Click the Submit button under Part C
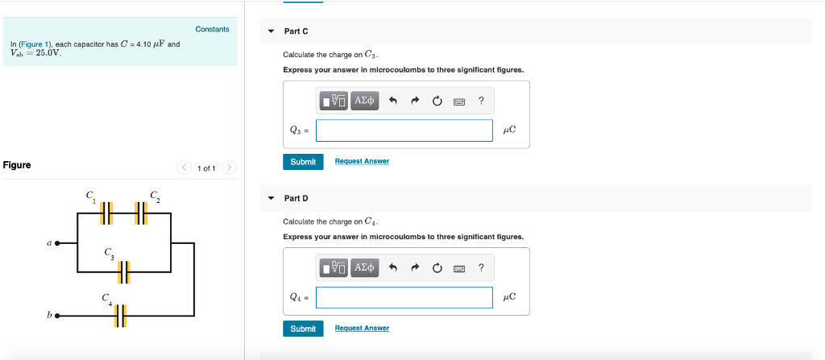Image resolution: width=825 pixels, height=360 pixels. pos(303,162)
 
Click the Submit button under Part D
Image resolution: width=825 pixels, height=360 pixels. pos(303,329)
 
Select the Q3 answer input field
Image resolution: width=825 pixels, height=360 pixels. pos(404,130)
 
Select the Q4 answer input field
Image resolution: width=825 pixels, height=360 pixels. pos(404,297)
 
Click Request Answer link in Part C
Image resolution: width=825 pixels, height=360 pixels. pos(362,162)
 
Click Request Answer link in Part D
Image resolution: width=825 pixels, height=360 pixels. pos(362,329)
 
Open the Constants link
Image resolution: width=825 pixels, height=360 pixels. pos(212,30)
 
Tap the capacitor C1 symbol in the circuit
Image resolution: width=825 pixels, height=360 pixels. pos(107,213)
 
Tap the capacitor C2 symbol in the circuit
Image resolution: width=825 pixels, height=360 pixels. pos(141,213)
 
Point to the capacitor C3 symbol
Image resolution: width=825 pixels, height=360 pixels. pos(124,272)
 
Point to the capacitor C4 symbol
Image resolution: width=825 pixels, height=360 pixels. pos(121,316)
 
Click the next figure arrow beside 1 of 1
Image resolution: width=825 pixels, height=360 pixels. pos(230,168)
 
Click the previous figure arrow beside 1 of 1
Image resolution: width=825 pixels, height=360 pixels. pos(184,168)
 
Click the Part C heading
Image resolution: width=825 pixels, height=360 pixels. pos(296,31)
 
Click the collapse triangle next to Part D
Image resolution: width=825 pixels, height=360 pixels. pos(271,198)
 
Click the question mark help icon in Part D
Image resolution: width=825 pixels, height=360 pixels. pos(481,267)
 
